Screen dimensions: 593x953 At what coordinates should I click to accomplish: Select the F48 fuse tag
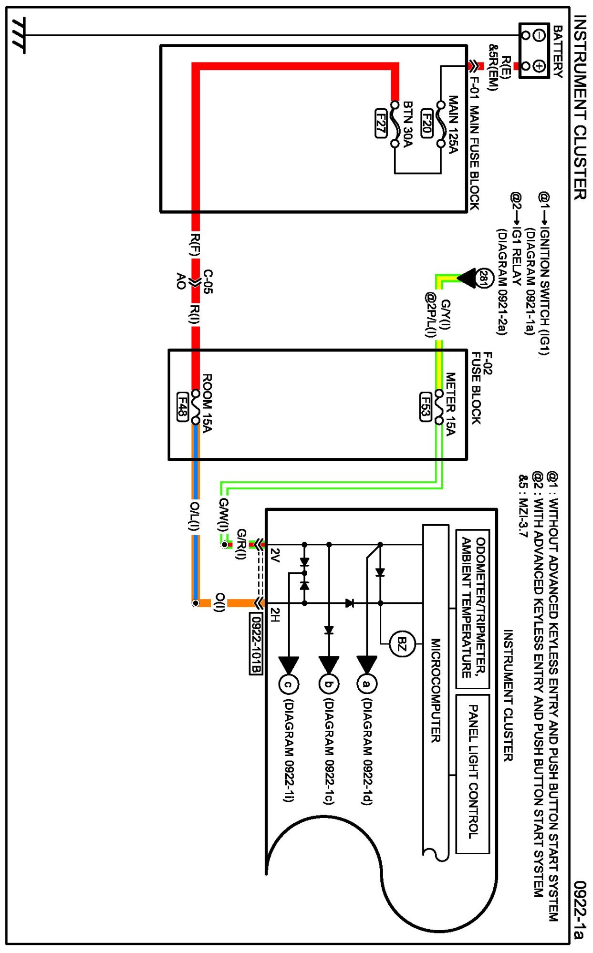point(182,406)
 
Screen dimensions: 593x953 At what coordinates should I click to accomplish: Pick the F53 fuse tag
point(426,406)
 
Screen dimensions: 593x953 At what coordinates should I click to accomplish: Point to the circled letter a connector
point(366,684)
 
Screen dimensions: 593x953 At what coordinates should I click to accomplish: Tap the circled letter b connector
point(328,684)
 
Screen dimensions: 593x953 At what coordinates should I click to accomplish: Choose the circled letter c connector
point(288,684)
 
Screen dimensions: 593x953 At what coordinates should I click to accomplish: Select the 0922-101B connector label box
point(256,643)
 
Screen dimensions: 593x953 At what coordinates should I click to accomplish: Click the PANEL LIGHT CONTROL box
point(473,774)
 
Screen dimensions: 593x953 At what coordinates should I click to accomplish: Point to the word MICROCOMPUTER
point(436,690)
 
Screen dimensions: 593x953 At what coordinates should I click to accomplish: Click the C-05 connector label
point(208,281)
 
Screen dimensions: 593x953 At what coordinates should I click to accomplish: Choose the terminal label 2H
point(275,615)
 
